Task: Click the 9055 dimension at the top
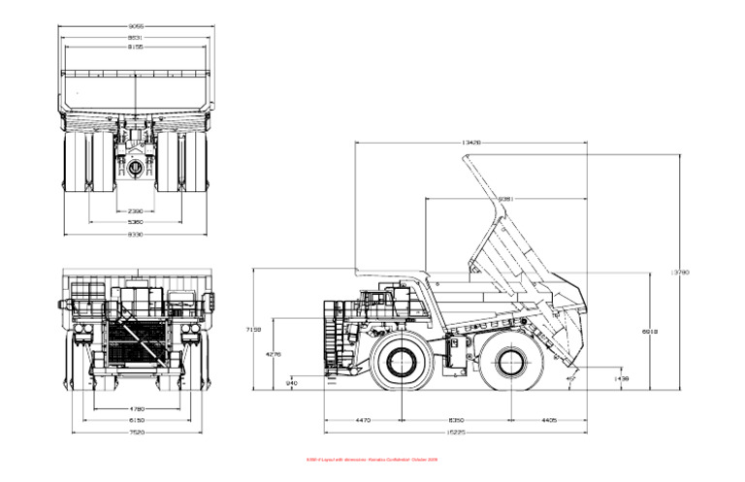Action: [136, 27]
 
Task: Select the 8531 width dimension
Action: [136, 38]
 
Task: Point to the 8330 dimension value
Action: [136, 234]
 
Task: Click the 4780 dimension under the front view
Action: [137, 408]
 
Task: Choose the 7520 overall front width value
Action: [137, 433]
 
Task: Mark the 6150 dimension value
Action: [137, 420]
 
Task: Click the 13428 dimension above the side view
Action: [471, 143]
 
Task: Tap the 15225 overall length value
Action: [456, 433]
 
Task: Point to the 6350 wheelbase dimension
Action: [455, 420]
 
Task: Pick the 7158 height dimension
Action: [254, 330]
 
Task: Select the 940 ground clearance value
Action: [292, 383]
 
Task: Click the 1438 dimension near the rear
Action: [623, 378]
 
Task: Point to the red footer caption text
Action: [372, 460]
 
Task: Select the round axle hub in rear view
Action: [136, 168]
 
